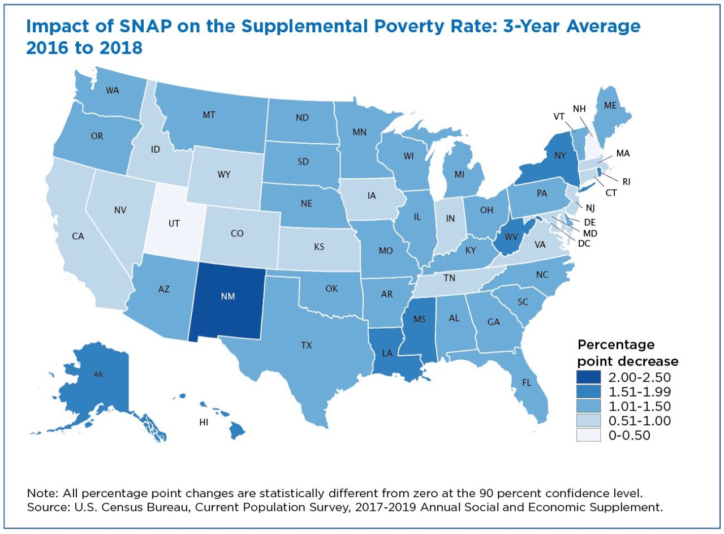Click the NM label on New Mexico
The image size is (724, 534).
point(228,296)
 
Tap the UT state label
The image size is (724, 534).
point(174,223)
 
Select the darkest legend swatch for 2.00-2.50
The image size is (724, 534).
point(588,377)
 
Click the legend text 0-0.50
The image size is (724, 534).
point(629,436)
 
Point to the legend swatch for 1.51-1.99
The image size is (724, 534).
point(588,392)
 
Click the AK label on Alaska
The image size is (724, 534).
point(98,374)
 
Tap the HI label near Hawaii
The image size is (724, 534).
point(204,422)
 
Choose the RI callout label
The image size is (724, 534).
point(626,182)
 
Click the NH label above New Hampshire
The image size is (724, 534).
point(579,109)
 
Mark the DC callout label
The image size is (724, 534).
point(584,243)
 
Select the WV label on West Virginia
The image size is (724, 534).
point(511,237)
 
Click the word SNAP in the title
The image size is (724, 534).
point(144,27)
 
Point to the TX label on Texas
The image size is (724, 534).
point(307,345)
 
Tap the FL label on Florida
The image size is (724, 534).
point(527,383)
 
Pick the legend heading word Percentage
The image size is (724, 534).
point(616,345)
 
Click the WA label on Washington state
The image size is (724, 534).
point(113,90)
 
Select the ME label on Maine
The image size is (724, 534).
point(610,105)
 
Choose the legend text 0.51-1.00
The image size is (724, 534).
point(640,421)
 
